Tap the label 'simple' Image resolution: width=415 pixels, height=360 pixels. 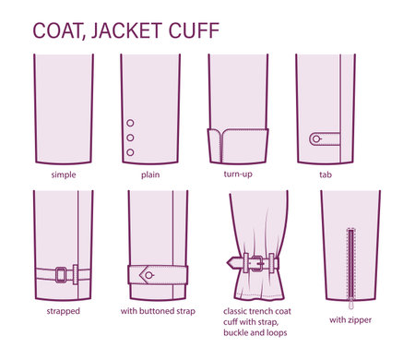coord(63,173)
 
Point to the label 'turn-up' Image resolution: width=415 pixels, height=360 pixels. coord(238,173)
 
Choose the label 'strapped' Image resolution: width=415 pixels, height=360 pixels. coord(63,311)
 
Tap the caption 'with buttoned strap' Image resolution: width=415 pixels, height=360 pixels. coord(158,311)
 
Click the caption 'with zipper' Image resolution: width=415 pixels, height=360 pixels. coord(350,320)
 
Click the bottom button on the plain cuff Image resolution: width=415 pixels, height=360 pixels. coord(130,151)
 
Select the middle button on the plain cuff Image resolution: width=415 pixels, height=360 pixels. coord(130,138)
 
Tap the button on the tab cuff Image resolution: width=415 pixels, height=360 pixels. coord(317,138)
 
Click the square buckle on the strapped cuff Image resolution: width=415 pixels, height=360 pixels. coord(63,273)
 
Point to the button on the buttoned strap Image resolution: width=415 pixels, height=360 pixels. coord(148,274)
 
